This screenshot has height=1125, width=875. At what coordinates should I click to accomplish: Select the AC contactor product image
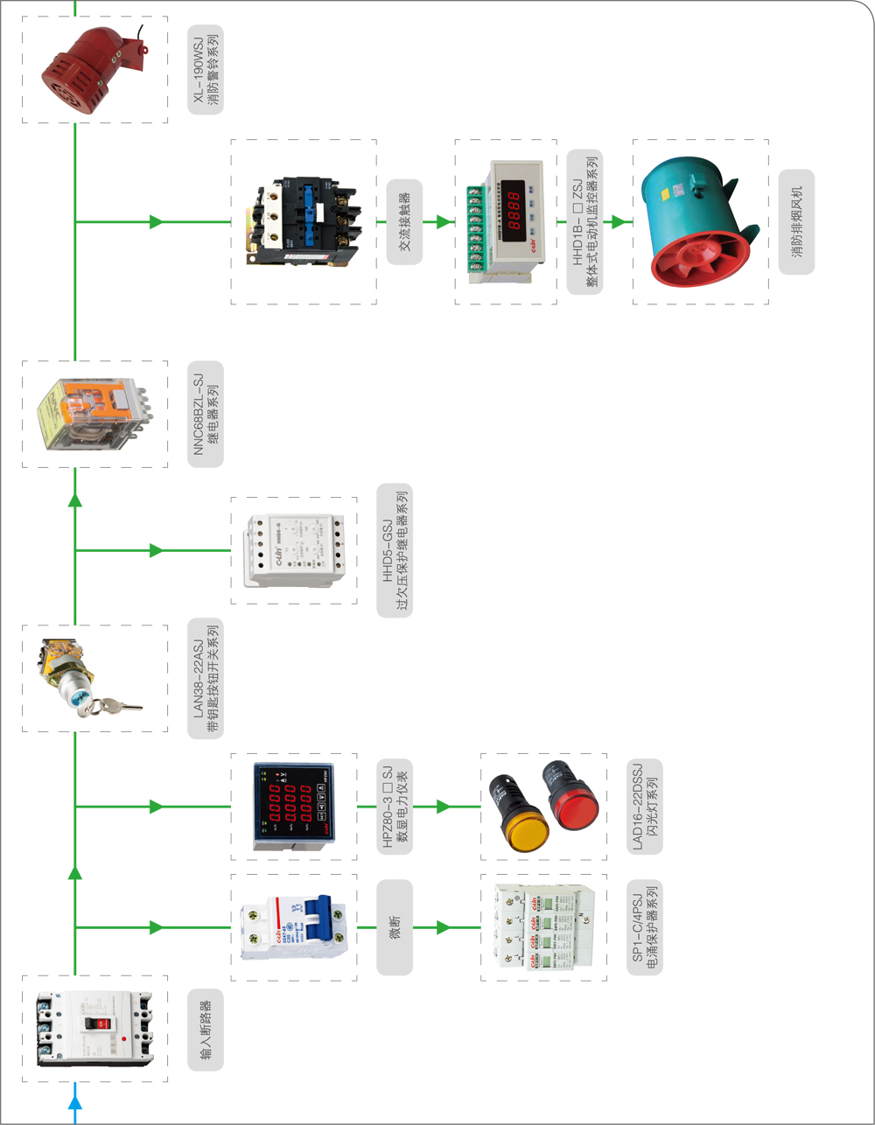click(x=303, y=222)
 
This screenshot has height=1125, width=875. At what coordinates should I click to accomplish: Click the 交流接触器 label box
click(x=404, y=222)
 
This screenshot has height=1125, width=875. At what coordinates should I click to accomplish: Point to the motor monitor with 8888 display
click(x=505, y=222)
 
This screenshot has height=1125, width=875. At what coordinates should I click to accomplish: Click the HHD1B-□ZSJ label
click(x=584, y=221)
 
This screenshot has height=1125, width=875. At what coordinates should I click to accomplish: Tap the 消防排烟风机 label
click(x=796, y=222)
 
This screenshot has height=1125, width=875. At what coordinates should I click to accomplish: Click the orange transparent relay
click(x=93, y=412)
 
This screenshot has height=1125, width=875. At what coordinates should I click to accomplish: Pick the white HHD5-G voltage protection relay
click(x=293, y=551)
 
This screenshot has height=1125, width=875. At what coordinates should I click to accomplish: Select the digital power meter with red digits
click(x=292, y=806)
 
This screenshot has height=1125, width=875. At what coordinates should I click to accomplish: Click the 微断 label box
click(x=395, y=927)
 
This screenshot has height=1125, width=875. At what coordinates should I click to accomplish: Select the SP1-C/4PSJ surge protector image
click(x=542, y=927)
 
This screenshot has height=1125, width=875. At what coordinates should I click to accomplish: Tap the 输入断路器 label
click(x=206, y=1030)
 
